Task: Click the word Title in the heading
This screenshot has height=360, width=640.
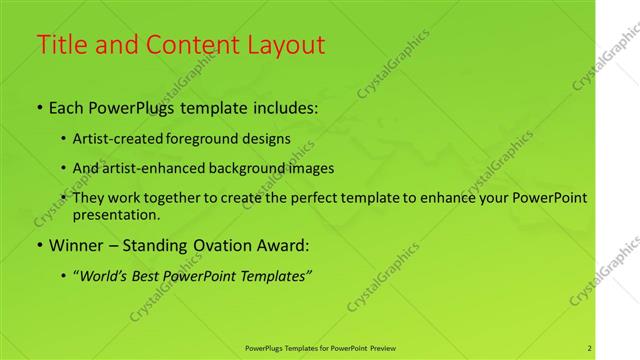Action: (61, 45)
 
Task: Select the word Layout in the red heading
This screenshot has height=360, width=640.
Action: (286, 45)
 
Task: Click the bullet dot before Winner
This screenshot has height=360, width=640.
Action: (39, 245)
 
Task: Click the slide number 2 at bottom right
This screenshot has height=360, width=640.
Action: (590, 348)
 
